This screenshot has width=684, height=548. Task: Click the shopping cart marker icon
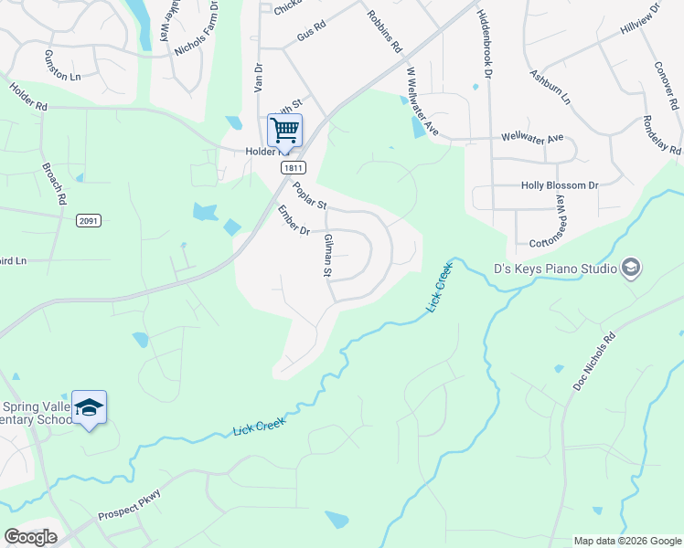click(x=284, y=131)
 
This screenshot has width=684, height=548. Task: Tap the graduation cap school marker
click(x=90, y=407)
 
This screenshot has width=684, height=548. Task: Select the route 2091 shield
click(x=89, y=221)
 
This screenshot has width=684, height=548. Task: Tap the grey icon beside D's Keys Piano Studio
click(x=630, y=268)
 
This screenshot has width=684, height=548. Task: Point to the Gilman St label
click(x=327, y=255)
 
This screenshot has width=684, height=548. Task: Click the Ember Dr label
click(x=294, y=220)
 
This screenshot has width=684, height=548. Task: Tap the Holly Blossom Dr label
click(x=559, y=185)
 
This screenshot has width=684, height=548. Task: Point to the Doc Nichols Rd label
click(x=594, y=363)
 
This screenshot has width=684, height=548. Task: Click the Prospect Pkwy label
click(x=129, y=507)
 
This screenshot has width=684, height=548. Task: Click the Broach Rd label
click(x=54, y=184)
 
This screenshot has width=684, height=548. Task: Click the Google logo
click(x=30, y=537)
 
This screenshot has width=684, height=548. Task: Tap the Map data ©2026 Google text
click(x=626, y=541)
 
